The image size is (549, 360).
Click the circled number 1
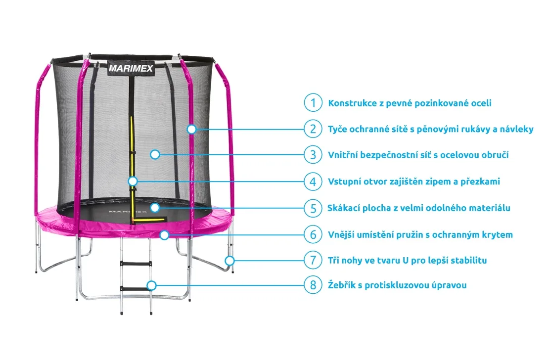313,103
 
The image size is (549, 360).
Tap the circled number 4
313,181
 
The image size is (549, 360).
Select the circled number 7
313,260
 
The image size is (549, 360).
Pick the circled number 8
313,285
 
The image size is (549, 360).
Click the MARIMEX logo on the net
131,68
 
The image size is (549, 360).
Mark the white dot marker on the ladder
152,285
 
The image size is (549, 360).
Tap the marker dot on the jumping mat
155,208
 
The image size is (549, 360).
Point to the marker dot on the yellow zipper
133,181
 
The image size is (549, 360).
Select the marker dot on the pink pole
191,129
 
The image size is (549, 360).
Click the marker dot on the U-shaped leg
229,260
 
